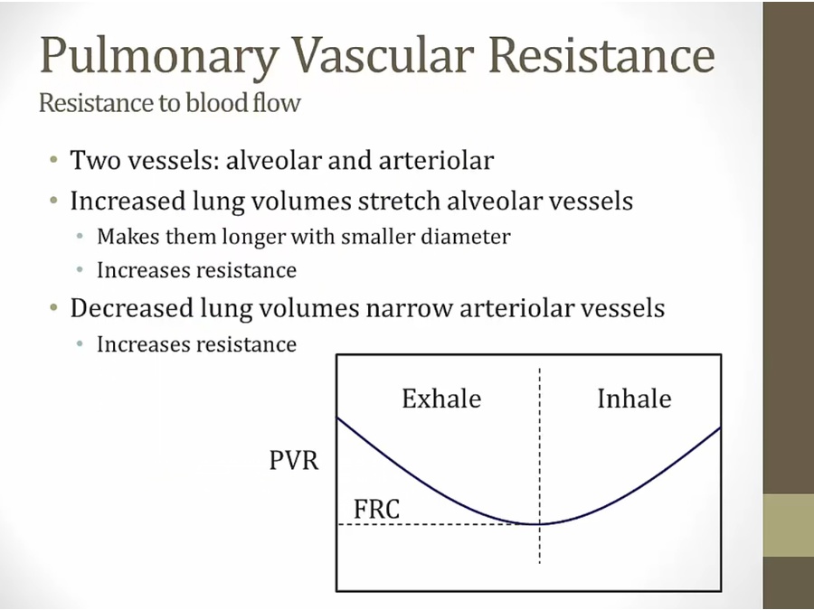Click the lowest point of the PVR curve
click(x=534, y=524)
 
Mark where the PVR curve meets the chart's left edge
click(x=338, y=418)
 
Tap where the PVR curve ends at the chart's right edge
click(x=720, y=427)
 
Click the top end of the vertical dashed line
click(x=539, y=369)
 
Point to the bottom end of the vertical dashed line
click(x=539, y=563)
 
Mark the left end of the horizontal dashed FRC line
click(x=339, y=524)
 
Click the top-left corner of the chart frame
click(x=337, y=355)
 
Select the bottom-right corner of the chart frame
click(x=721, y=590)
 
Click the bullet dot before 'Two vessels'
click(x=54, y=159)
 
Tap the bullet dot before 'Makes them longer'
click(x=80, y=237)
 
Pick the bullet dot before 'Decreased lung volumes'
click(x=54, y=307)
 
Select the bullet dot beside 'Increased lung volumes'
click(x=54, y=200)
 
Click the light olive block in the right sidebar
click(x=789, y=525)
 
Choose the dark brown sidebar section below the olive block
click(x=789, y=583)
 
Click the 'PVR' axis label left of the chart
click(x=294, y=460)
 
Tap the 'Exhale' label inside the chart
click(x=441, y=399)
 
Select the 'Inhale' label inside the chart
click(x=634, y=399)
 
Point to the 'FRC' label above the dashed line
click(x=377, y=509)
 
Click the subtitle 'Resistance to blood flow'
click(x=170, y=102)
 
